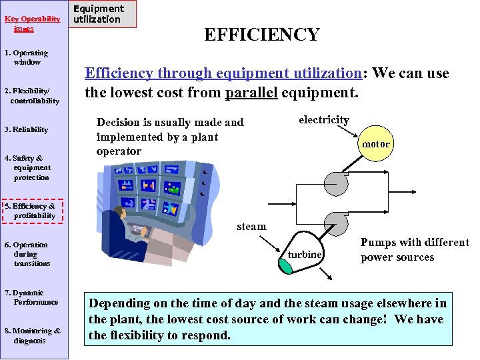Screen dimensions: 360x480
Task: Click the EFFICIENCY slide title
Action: point(261,35)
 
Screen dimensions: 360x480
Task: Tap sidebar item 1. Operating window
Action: point(27,57)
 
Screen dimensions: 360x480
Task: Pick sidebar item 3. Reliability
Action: point(27,129)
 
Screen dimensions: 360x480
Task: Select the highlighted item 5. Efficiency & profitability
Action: point(31,211)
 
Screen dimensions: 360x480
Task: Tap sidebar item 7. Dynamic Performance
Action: point(31,297)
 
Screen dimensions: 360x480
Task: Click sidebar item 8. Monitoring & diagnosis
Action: point(32,335)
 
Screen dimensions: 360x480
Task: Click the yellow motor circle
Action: point(375,144)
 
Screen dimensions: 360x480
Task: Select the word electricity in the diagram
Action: point(323,120)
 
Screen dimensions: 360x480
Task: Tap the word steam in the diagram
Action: point(251,227)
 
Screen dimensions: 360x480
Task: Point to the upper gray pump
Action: point(335,179)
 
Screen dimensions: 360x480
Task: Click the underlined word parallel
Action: point(253,92)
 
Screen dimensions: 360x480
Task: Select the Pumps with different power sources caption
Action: point(414,250)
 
